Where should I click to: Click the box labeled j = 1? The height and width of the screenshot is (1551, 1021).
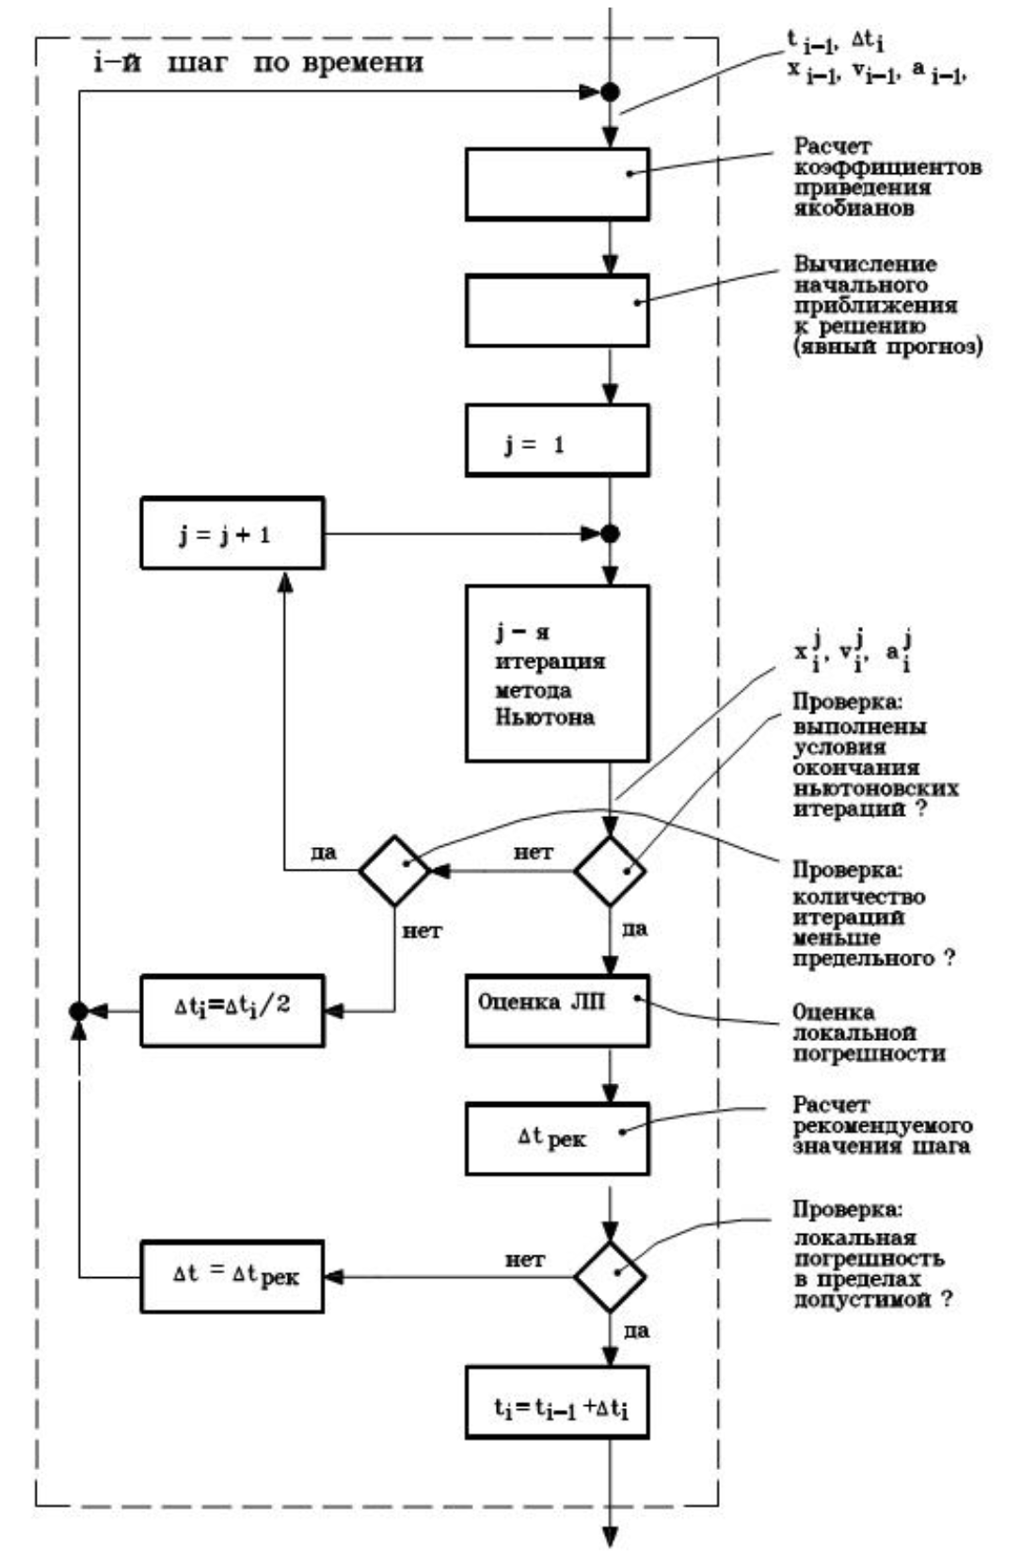pos(557,440)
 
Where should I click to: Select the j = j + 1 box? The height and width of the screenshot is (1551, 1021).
pos(232,534)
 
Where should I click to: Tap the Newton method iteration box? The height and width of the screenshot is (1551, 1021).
pos(557,674)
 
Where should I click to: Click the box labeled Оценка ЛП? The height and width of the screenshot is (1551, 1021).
pos(557,1011)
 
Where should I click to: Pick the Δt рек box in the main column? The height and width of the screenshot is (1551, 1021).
pos(557,1139)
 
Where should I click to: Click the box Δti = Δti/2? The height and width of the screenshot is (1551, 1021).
pos(232,1011)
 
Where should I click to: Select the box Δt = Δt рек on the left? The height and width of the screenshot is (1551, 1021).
pos(232,1276)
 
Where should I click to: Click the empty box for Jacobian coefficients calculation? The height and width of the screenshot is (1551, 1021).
pos(557,184)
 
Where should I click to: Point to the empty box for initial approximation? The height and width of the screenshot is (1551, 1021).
pos(557,311)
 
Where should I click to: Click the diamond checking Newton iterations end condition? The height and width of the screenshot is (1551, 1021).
pos(610,871)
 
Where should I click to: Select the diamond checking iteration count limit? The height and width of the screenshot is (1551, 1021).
pos(394,871)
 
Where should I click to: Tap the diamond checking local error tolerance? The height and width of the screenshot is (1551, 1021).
pos(610,1276)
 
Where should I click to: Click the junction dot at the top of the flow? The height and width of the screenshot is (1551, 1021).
pos(610,92)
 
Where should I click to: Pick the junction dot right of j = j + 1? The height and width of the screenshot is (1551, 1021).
pos(610,534)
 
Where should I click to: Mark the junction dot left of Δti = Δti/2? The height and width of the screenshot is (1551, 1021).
pos(79,1011)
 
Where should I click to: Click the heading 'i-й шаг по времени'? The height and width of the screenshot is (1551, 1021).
pos(258,64)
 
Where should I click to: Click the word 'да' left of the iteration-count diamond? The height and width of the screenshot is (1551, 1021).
pos(324,854)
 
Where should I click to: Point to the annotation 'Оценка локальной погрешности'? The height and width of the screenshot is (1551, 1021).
pos(868,1032)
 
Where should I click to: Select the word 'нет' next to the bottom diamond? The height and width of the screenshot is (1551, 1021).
pos(524,1259)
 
